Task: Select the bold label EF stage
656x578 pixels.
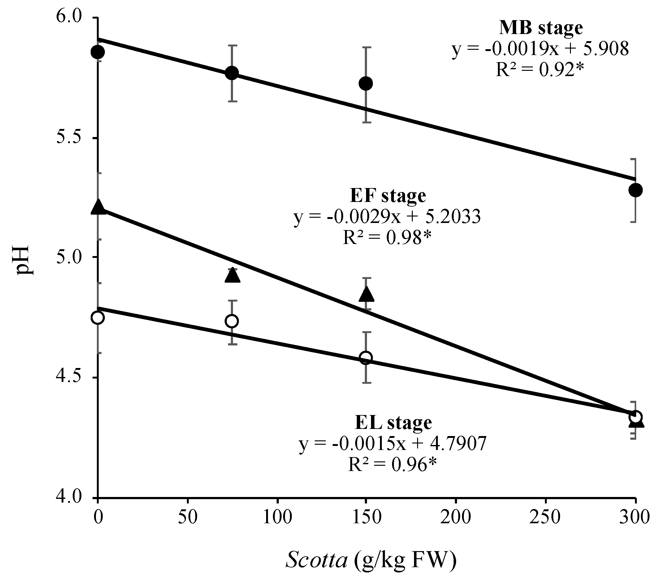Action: pyautogui.click(x=388, y=196)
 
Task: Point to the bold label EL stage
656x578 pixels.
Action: pyautogui.click(x=394, y=423)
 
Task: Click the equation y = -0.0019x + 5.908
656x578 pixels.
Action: pyautogui.click(x=540, y=49)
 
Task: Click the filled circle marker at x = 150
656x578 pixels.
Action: pyautogui.click(x=366, y=84)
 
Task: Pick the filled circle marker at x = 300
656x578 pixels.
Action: pyautogui.click(x=635, y=190)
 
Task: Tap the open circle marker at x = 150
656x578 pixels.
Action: pyautogui.click(x=366, y=357)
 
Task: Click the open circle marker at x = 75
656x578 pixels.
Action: pyautogui.click(x=232, y=321)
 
